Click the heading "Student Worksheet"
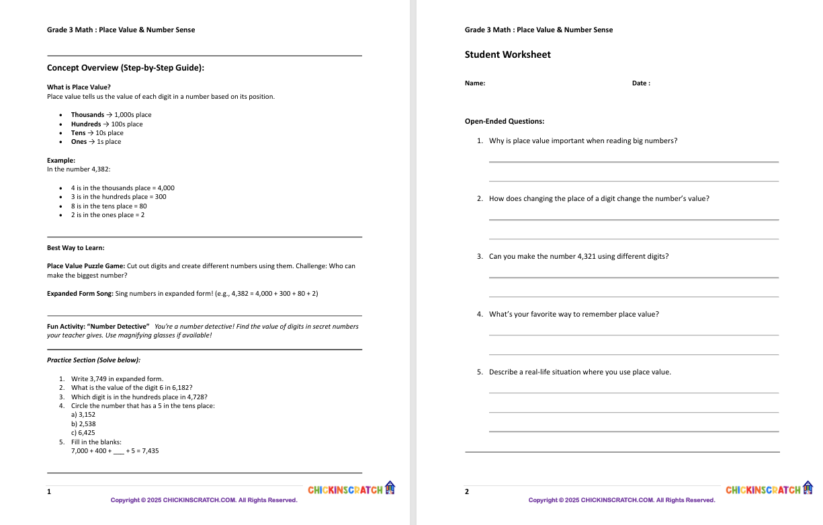click(507, 55)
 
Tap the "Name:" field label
click(474, 83)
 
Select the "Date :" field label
click(641, 83)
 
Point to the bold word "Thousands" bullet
click(87, 115)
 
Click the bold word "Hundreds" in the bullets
click(86, 124)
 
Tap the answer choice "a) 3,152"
click(83, 415)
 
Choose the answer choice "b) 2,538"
click(83, 424)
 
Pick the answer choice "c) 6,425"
click(83, 433)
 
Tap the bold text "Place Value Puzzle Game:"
click(86, 266)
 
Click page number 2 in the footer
click(467, 492)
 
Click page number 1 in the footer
click(49, 492)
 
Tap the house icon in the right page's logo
click(808, 487)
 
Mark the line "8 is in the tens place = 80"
click(109, 206)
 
